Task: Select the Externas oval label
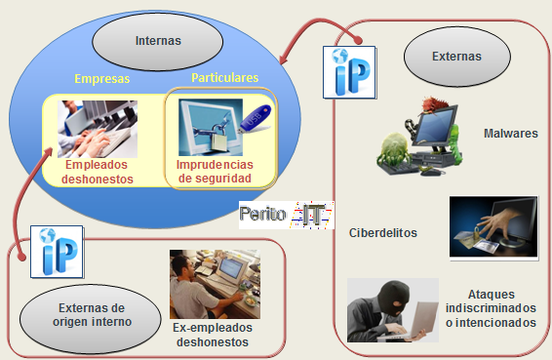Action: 456,57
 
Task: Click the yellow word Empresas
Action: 102,78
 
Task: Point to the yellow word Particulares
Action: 224,77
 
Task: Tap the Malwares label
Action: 509,134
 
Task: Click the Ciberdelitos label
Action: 383,232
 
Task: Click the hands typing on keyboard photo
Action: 97,128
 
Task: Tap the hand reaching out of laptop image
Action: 492,227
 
